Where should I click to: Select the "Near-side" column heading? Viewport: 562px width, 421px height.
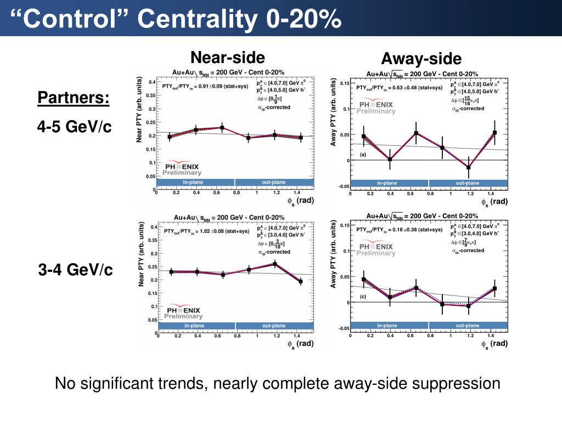click(227, 57)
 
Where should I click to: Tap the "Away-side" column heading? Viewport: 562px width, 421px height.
click(421, 59)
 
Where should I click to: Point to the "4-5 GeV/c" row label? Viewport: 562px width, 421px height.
click(75, 127)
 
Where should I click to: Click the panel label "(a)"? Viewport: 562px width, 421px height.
click(363, 155)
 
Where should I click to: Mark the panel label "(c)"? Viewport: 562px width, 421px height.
click(363, 297)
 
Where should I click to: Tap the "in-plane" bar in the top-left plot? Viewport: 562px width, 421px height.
click(195, 183)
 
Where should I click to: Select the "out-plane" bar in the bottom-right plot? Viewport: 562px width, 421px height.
click(467, 326)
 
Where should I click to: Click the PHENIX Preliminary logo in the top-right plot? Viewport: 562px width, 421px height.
click(377, 106)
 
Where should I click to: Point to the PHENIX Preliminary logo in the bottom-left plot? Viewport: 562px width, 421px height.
click(183, 312)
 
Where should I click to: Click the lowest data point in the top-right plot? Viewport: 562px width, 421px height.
click(469, 168)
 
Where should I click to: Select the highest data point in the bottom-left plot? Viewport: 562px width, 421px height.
click(274, 264)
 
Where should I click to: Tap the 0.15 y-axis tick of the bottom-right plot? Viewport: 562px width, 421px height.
click(344, 225)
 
